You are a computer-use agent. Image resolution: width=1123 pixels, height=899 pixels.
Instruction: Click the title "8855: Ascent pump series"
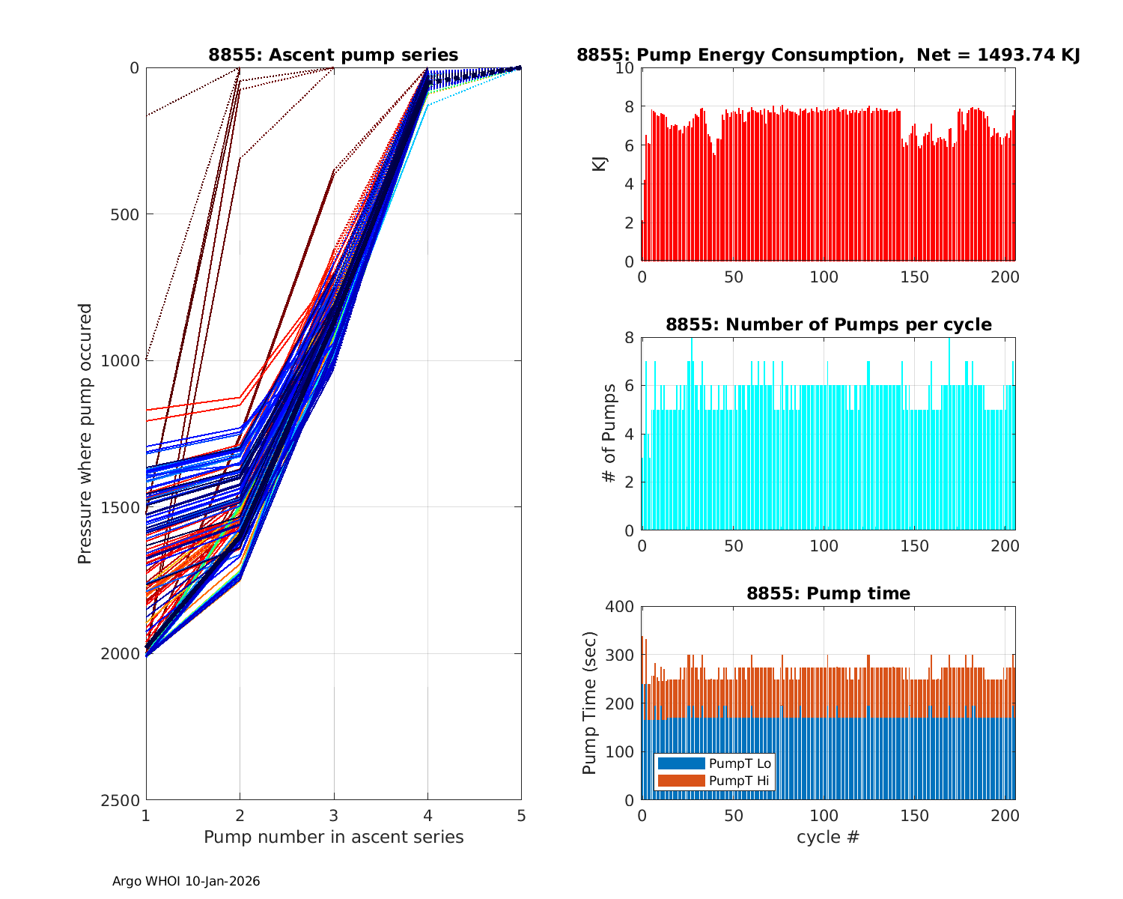point(333,55)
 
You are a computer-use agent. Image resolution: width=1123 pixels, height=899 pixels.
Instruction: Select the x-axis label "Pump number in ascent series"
point(333,837)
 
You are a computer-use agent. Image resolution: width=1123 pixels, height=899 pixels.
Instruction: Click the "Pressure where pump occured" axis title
point(85,433)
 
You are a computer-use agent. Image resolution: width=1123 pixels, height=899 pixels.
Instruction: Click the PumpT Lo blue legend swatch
point(681,763)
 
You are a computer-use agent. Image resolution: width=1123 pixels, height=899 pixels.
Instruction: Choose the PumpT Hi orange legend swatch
point(681,781)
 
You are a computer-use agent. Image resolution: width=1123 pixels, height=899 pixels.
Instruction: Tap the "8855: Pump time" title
point(828,593)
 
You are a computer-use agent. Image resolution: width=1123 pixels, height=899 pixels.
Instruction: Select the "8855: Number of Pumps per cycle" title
point(828,324)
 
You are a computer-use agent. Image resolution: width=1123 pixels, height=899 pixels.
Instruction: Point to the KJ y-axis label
point(599,164)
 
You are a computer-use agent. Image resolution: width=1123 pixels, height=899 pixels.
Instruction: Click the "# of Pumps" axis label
point(610,433)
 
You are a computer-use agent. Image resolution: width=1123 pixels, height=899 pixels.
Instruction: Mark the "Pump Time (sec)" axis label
point(590,703)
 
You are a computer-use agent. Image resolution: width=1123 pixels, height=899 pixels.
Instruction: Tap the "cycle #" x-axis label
point(828,837)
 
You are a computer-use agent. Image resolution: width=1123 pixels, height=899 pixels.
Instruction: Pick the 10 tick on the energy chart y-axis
point(625,68)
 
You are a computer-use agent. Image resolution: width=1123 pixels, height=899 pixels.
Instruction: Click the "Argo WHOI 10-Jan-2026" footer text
point(186,881)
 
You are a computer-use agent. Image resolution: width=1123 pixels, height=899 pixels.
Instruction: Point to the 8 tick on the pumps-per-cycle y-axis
point(629,338)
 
